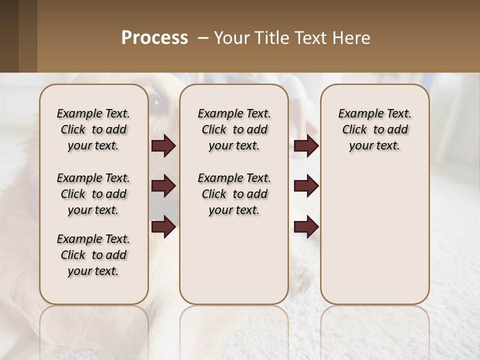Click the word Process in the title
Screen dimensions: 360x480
[154, 38]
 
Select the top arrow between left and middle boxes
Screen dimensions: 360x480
[163, 146]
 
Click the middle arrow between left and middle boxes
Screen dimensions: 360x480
[163, 186]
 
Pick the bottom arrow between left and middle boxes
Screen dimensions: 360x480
[163, 227]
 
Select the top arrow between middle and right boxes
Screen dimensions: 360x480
[306, 146]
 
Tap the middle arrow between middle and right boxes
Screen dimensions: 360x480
[306, 186]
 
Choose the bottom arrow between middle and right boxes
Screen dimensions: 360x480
[306, 227]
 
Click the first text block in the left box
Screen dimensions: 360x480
[93, 129]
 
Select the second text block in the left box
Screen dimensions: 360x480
[93, 194]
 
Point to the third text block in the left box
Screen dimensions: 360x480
[93, 255]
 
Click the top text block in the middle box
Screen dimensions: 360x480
[234, 129]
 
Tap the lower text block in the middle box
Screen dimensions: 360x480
[234, 194]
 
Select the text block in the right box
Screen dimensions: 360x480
[374, 129]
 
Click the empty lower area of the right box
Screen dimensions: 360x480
[374, 240]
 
